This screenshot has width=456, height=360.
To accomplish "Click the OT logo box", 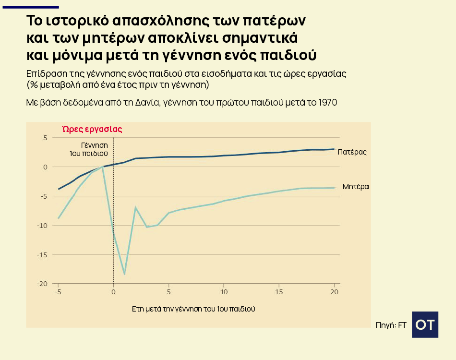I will point(425,324).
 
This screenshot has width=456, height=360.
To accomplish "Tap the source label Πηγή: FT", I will point(391,325).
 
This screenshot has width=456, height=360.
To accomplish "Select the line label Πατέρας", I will point(352,152).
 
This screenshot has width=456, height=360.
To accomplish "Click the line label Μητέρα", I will point(356,187).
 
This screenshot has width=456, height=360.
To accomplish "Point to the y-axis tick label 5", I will point(46,138).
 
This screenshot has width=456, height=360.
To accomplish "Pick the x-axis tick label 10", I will point(224,291).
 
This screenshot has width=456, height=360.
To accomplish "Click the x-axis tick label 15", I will point(279,291).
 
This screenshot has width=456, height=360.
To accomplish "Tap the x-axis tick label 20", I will point(334,291).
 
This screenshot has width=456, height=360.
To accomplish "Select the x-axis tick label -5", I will point(58,291).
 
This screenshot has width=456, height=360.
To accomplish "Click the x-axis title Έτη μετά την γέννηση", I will point(193,309).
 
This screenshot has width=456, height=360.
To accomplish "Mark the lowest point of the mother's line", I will point(124,274).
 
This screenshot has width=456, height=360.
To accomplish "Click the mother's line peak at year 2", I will point(135,207).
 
